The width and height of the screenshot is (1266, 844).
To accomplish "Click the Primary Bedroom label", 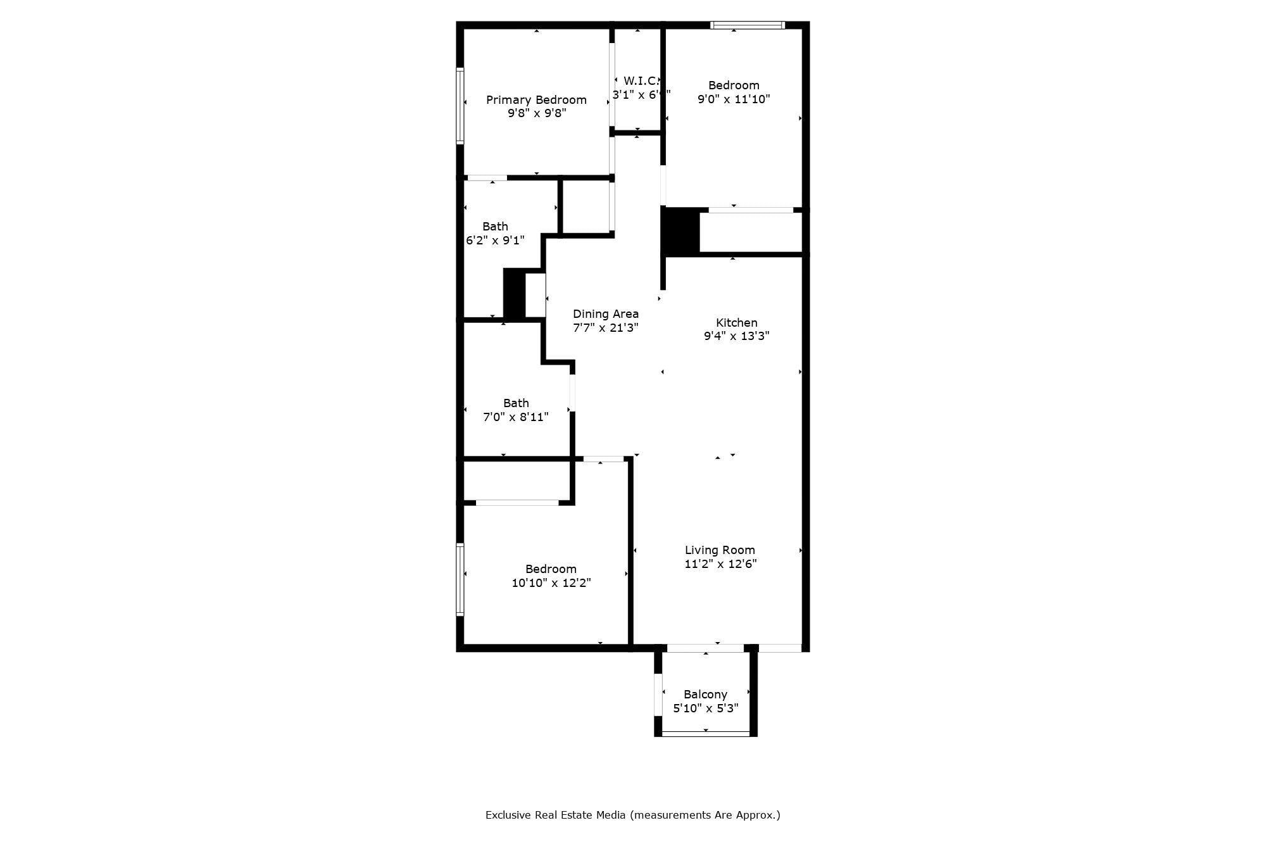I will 536,100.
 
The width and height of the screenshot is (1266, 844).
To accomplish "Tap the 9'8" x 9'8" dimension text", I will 536,114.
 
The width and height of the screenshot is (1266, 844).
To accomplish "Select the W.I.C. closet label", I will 641,81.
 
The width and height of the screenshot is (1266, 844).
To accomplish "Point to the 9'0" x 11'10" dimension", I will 734,99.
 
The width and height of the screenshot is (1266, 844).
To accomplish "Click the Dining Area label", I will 606,314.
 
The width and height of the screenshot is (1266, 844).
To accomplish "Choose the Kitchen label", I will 736,323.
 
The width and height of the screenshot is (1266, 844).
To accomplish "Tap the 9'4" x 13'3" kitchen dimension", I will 736,336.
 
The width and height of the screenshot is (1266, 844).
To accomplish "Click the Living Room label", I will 720,550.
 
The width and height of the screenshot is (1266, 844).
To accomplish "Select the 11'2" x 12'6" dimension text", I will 720,564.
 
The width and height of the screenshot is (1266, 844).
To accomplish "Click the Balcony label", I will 705,695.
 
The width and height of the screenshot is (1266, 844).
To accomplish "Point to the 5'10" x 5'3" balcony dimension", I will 705,709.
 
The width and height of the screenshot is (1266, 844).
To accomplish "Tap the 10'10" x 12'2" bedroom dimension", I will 551,583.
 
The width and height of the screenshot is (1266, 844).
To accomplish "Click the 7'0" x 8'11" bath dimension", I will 516,417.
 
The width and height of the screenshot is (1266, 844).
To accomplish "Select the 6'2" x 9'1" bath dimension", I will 495,241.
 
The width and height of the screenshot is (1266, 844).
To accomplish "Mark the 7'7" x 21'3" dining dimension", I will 606,328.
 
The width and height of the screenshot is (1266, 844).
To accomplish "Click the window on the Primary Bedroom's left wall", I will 460,106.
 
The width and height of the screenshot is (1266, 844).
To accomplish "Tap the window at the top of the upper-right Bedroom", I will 747,25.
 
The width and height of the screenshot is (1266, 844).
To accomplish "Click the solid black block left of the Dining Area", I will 514,294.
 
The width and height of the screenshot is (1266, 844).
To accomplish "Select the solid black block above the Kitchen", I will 680,231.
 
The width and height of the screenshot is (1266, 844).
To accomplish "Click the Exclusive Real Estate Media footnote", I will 632,816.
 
